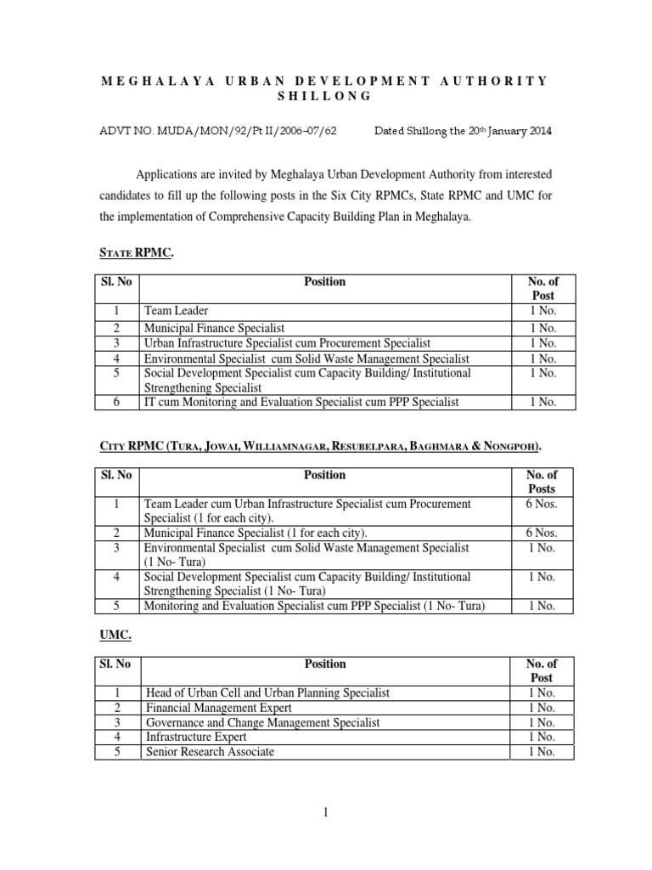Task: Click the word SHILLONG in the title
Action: [x=325, y=96]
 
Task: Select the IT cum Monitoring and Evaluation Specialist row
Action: [x=301, y=401]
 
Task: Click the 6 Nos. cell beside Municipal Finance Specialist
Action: [x=541, y=533]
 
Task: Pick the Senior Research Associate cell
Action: [x=211, y=752]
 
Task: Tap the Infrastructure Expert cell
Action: [x=194, y=737]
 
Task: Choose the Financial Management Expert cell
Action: [x=219, y=708]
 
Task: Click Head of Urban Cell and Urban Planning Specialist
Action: [x=267, y=692]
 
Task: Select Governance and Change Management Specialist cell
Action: [x=263, y=722]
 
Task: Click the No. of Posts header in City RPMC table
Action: [x=541, y=482]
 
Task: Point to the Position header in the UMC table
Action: [x=324, y=664]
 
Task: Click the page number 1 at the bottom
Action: [x=324, y=813]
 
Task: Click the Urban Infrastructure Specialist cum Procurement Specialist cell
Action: [x=288, y=342]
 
